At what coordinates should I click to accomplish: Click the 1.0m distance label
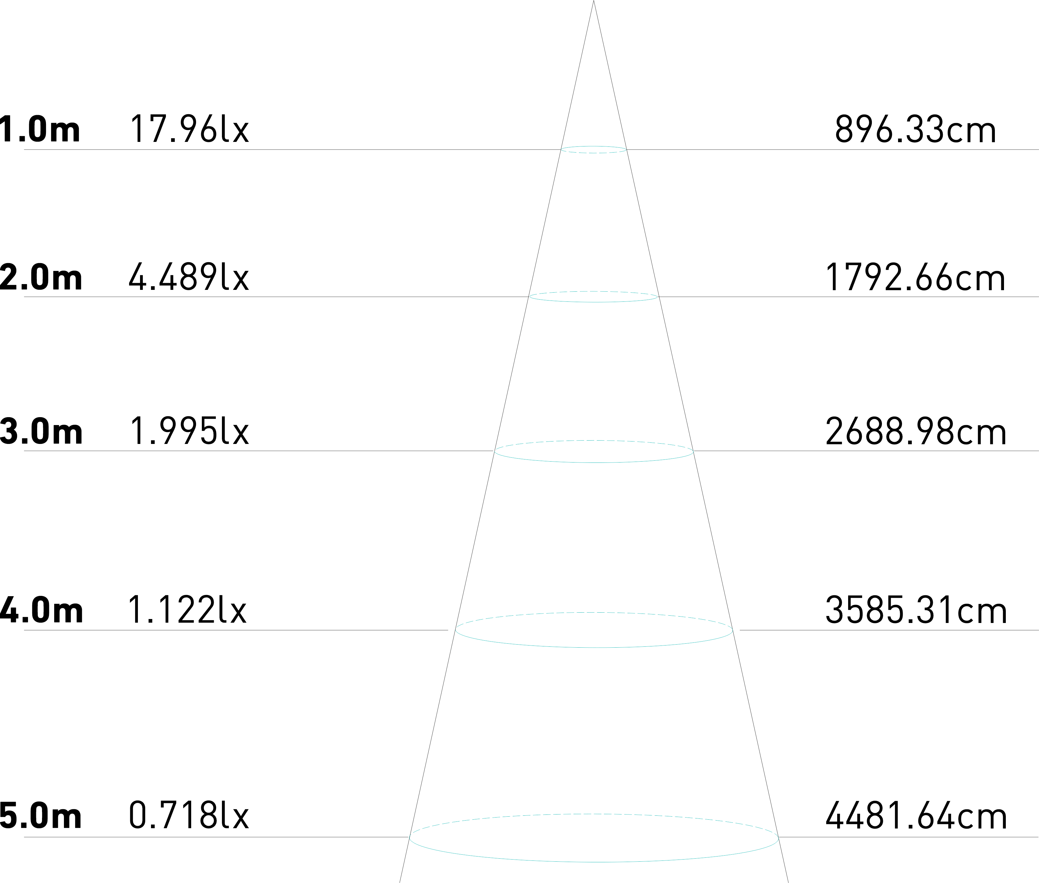(x=40, y=129)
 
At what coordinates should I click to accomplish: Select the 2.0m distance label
(x=41, y=278)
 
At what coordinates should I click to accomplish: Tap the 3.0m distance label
(x=41, y=431)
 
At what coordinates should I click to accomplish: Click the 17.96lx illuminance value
(x=189, y=129)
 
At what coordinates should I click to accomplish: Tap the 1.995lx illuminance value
(x=189, y=431)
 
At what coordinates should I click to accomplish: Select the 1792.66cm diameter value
(x=914, y=278)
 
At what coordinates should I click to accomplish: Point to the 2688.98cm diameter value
(x=915, y=431)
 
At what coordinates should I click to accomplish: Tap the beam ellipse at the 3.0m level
(x=594, y=462)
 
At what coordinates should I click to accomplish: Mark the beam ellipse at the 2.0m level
(x=594, y=302)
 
